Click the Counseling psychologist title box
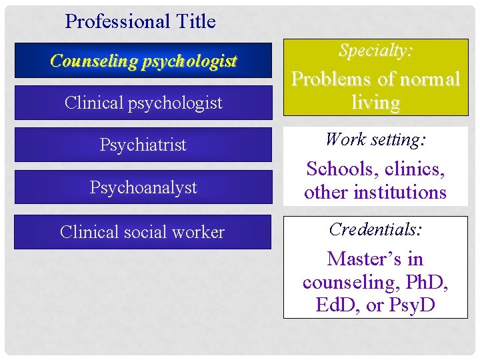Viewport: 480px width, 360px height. click(x=143, y=61)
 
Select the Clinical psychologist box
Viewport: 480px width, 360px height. click(x=143, y=103)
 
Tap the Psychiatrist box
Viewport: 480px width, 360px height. click(x=143, y=145)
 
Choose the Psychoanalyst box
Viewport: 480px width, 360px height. click(x=143, y=187)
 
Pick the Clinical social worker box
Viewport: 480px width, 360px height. click(x=143, y=232)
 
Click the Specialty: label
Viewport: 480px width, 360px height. click(x=375, y=50)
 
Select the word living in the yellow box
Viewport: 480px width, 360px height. click(x=376, y=102)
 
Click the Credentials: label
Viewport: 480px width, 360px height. click(x=375, y=229)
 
